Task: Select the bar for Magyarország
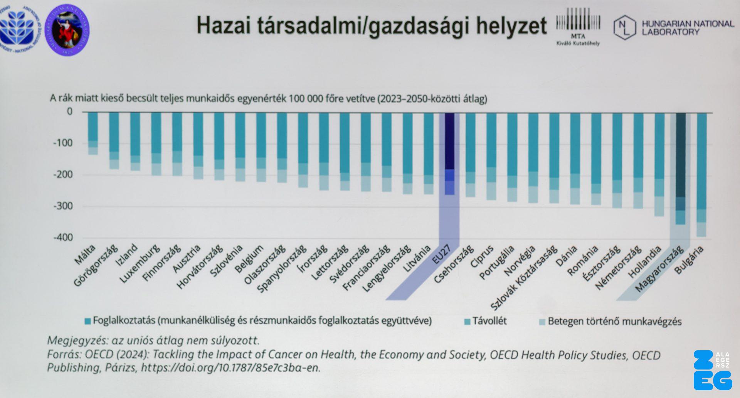click(681, 166)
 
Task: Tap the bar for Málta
click(93, 131)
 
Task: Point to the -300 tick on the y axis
click(63, 206)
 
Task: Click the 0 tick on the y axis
click(69, 111)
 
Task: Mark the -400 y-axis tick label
click(63, 238)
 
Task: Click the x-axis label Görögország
click(96, 266)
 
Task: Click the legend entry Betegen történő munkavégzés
click(614, 321)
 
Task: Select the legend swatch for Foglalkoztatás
click(88, 321)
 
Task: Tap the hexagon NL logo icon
click(624, 27)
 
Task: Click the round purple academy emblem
click(67, 30)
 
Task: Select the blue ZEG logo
click(712, 370)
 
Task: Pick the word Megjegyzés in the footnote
click(76, 341)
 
